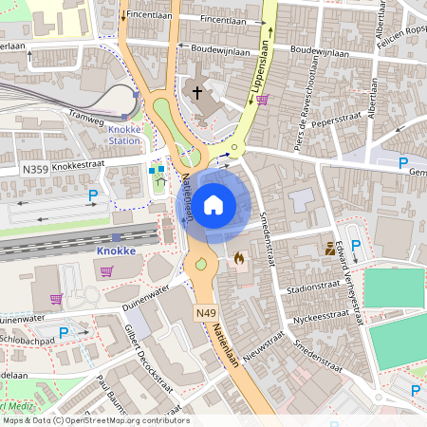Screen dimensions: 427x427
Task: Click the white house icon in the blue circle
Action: (x=213, y=204)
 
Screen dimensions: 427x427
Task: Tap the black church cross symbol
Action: (x=197, y=92)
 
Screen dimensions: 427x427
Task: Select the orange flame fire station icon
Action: (x=238, y=256)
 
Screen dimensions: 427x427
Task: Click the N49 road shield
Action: (x=205, y=312)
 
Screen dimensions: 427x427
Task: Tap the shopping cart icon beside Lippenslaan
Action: (x=262, y=99)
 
